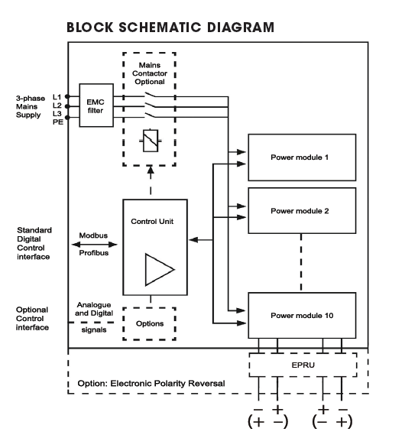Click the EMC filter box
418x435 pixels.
[x=96, y=106]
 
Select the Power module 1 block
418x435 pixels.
[x=302, y=157]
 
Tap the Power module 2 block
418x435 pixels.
[x=302, y=210]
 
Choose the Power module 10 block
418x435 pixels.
[x=302, y=316]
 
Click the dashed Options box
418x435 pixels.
[x=150, y=323]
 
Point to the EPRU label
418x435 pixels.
[x=303, y=365]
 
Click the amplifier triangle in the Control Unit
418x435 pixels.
[x=160, y=269]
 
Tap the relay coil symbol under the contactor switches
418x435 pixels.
[x=151, y=141]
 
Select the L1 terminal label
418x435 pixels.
[x=57, y=97]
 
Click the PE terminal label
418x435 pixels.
[x=58, y=122]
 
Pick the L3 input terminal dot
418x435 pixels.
[x=67, y=118]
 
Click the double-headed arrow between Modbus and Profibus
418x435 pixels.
[x=94, y=245]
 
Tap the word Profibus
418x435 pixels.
[x=94, y=253]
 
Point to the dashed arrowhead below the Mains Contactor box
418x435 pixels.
[x=151, y=170]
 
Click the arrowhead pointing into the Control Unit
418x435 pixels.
[x=193, y=240]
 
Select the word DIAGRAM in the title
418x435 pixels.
[x=241, y=28]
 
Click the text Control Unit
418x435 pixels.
[x=152, y=222]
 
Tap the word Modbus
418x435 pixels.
[x=93, y=235]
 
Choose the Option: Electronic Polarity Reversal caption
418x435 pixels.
[x=151, y=384]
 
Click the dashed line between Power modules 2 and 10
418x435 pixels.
[x=301, y=263]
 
